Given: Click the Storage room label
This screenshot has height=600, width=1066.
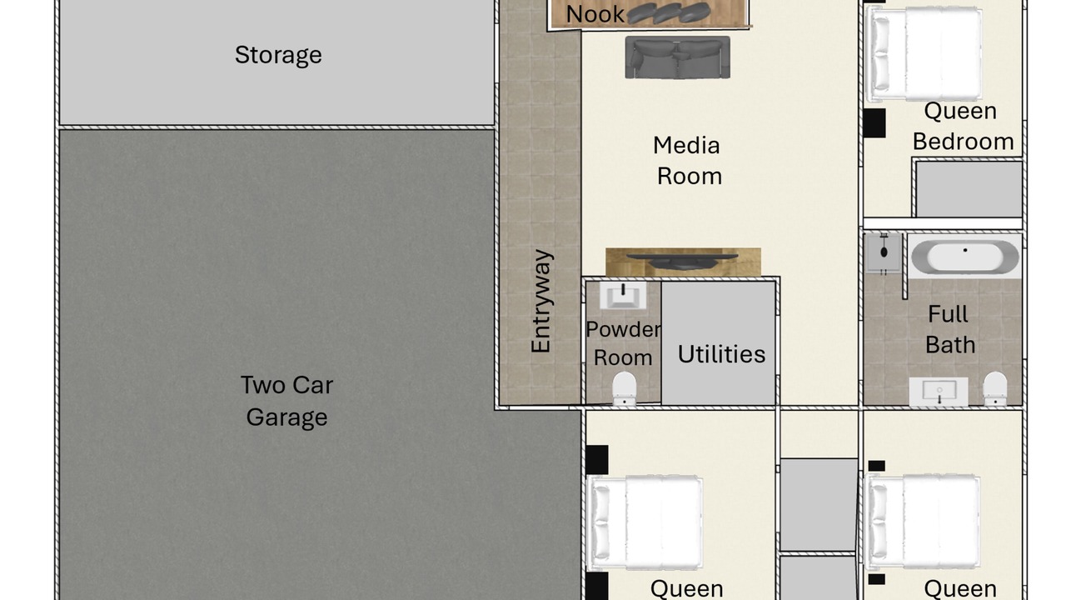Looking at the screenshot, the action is (x=278, y=55).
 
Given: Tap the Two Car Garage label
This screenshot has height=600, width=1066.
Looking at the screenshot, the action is (x=287, y=401).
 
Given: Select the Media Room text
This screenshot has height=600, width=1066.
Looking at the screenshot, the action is (x=687, y=161).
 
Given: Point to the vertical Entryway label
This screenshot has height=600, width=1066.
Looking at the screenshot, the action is (x=541, y=301).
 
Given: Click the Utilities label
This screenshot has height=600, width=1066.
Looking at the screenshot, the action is (x=721, y=354).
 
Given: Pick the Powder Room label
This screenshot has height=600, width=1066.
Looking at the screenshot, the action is (x=623, y=343).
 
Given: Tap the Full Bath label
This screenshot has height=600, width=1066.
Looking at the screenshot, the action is (x=949, y=329).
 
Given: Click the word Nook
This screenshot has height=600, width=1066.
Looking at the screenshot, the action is (x=595, y=14).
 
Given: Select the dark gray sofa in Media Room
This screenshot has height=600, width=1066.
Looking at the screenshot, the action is (x=678, y=57).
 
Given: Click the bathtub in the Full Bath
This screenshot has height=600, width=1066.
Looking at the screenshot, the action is (x=965, y=256).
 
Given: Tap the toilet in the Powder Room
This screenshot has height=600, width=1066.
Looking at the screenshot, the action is (x=624, y=388).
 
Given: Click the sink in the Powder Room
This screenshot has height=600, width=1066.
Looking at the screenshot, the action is (x=623, y=295).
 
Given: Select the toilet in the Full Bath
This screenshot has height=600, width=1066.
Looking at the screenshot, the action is (x=995, y=388).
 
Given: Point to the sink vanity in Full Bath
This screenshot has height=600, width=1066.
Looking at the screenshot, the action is (x=939, y=392).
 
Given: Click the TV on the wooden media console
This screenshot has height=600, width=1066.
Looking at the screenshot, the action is (x=682, y=261).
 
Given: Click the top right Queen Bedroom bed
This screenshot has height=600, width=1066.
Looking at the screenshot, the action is (x=924, y=55).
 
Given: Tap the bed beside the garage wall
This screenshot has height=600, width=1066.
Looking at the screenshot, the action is (x=645, y=522).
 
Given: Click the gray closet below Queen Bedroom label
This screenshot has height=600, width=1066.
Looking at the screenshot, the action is (x=969, y=189).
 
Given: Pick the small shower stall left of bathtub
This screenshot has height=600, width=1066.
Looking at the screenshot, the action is (x=884, y=253).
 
